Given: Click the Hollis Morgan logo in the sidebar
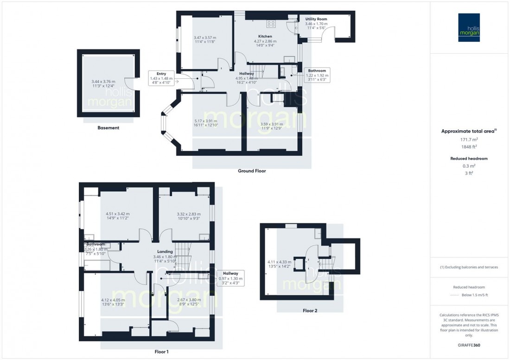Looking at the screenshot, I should click(470, 27).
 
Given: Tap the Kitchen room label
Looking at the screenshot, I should click(265, 36).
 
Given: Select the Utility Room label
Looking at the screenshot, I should click(316, 19).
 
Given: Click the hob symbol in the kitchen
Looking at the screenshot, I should click(271, 24).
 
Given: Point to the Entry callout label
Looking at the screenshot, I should click(161, 74).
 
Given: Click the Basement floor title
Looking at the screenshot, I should click(108, 127).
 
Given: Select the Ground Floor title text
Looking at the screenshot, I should click(252, 171).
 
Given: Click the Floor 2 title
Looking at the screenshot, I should click(310, 310).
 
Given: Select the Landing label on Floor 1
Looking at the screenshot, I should click(165, 251).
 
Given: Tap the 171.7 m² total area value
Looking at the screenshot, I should click(469, 139).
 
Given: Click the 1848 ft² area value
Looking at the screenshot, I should click(469, 146).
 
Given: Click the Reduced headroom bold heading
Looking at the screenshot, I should click(469, 158).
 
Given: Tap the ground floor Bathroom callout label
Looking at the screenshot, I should click(318, 71).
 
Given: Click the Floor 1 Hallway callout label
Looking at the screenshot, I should click(230, 273).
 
